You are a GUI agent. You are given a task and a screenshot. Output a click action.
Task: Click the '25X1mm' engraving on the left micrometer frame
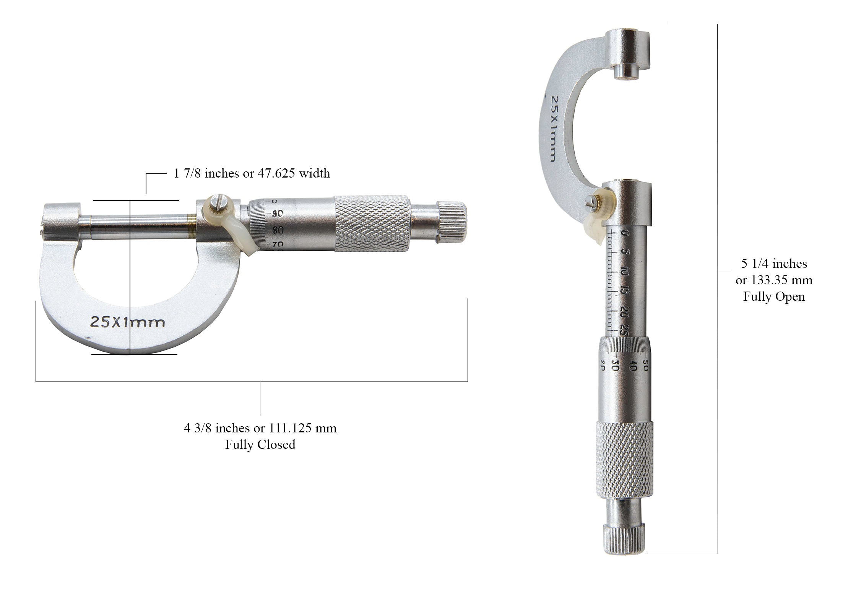click(128, 322)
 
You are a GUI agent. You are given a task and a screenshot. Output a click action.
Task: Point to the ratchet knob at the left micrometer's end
click(452, 223)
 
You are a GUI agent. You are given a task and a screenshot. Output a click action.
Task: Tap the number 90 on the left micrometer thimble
click(277, 214)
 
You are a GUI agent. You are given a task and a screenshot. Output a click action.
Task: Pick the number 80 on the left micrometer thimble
click(277, 230)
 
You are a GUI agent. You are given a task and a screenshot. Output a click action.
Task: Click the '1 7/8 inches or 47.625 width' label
click(252, 173)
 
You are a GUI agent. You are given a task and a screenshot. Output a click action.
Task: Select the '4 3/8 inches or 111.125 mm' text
click(260, 428)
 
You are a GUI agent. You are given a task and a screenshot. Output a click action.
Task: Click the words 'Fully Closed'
click(260, 444)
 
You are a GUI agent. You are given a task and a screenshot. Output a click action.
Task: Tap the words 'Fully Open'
click(774, 297)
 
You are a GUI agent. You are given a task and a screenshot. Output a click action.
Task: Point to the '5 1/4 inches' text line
click(774, 264)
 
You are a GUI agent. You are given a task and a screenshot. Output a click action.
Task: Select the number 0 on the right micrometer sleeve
click(625, 233)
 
